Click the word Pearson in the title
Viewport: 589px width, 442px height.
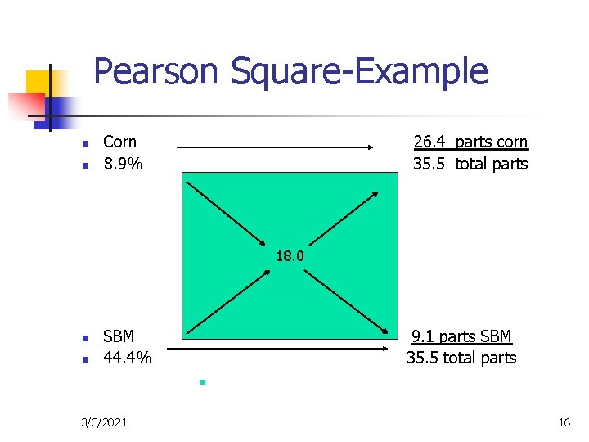(157, 72)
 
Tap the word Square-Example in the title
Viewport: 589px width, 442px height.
(359, 72)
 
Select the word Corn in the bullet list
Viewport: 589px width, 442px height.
(119, 142)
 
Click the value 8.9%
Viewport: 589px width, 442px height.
(123, 164)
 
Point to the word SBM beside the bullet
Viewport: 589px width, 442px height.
(119, 336)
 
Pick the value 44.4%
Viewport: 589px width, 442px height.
(128, 358)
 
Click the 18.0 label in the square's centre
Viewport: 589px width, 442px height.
(290, 256)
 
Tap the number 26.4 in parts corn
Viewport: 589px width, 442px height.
(429, 142)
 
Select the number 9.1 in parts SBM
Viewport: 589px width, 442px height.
(423, 336)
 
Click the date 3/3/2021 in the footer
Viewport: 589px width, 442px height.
(104, 422)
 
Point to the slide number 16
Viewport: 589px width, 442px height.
(564, 422)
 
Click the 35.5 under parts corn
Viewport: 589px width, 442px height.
(429, 164)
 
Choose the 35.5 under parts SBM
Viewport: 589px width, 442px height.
(422, 358)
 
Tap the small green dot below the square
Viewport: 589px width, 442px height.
(200, 382)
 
